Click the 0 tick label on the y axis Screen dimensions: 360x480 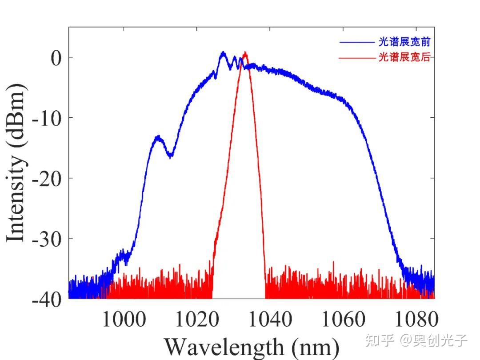(56, 58)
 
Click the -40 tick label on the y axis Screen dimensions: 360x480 (47, 299)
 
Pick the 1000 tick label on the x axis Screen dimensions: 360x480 (124, 319)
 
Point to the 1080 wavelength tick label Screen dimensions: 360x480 (416, 319)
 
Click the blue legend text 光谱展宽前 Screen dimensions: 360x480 (404, 42)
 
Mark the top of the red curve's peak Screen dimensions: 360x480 (245, 52)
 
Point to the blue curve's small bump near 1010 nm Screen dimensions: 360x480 (157, 137)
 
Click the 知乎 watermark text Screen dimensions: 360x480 (379, 340)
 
